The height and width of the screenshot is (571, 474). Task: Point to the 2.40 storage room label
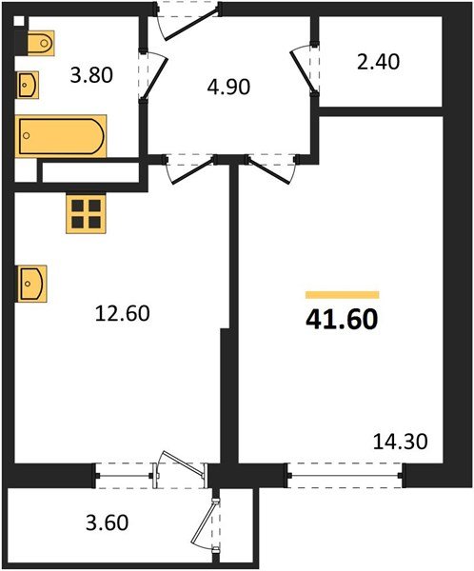point(378,63)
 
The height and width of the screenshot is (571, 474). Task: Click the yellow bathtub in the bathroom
point(61,135)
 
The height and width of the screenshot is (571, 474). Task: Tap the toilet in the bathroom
point(39,44)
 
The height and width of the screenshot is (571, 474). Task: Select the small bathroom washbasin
point(28,86)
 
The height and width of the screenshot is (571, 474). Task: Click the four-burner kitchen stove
point(85,213)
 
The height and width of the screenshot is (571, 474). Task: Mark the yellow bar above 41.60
point(342,295)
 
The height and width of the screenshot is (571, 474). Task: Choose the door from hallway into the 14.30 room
point(267,170)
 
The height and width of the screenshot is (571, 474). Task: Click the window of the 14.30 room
point(345,468)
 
